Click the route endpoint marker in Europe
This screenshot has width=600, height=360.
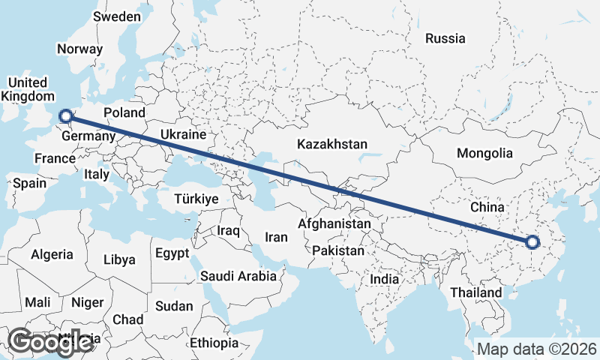point(65,115)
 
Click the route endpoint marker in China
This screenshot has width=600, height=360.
point(532,242)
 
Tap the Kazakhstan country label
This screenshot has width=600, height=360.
point(331,144)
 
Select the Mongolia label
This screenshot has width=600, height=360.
point(484,153)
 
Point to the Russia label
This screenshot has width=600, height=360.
point(445,38)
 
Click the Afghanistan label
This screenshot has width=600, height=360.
point(334,223)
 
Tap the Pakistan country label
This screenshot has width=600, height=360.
point(338,250)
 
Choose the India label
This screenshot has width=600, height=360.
point(385,279)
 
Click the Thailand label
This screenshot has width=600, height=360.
point(476,292)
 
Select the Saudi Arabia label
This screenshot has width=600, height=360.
point(238,276)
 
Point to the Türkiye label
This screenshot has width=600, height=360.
point(195,199)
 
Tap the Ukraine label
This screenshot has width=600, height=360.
point(182,135)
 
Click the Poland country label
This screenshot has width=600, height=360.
point(124,112)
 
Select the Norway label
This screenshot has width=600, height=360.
point(79,49)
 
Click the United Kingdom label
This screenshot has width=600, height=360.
point(28,89)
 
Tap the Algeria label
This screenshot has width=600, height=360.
point(52,254)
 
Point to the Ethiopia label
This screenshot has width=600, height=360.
point(214,343)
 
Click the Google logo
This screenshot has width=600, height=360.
point(49,341)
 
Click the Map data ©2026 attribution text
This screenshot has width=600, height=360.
point(537,349)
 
